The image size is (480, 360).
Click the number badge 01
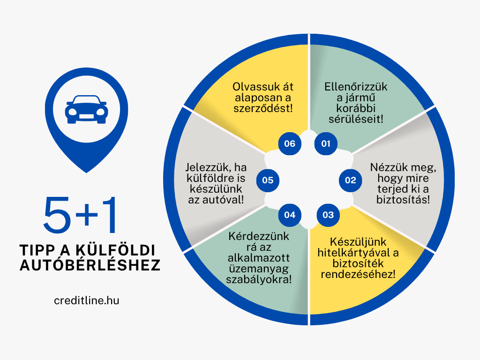[326, 143]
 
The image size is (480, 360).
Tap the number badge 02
[350, 180]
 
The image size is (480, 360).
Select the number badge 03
[328, 215]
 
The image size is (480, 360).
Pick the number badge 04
[290, 215]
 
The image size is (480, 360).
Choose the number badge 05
[268, 180]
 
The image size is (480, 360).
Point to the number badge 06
[290, 143]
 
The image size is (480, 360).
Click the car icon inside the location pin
[86, 109]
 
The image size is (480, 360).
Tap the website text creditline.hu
[87, 300]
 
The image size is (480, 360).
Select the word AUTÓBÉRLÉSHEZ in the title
[90, 265]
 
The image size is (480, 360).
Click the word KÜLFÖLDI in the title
[116, 250]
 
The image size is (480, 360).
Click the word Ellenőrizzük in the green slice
[356, 87]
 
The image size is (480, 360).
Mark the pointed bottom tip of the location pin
[86, 172]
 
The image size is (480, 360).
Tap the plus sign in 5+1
[86, 214]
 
